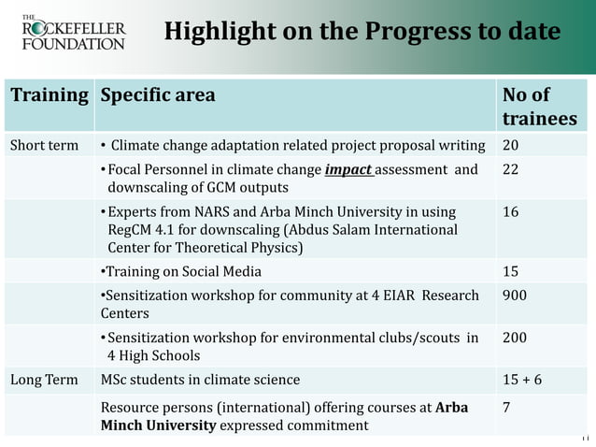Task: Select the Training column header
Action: pyautogui.click(x=50, y=95)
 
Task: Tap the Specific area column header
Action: pyautogui.click(x=158, y=95)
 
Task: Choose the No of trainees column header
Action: pyautogui.click(x=539, y=107)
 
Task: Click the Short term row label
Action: pyautogui.click(x=44, y=146)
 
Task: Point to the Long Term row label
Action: pyautogui.click(x=43, y=379)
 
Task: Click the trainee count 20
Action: pyautogui.click(x=512, y=146)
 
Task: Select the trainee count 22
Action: pyautogui.click(x=512, y=170)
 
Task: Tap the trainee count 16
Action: pyautogui.click(x=512, y=212)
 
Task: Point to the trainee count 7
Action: pyautogui.click(x=507, y=409)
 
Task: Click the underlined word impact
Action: pyautogui.click(x=349, y=170)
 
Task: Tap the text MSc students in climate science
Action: pyautogui.click(x=201, y=379)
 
